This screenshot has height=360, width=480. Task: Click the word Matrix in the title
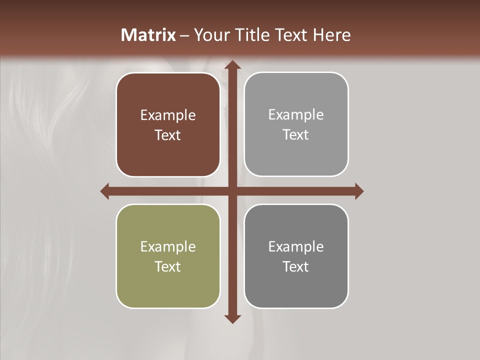click(148, 35)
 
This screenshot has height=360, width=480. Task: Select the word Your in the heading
click(211, 35)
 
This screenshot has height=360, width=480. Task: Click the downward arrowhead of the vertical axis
click(232, 318)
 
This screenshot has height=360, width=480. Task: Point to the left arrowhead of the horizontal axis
click(105, 191)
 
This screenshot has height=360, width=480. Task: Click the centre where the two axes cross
click(232, 191)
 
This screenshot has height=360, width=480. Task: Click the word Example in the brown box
click(168, 115)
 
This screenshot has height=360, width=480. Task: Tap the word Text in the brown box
click(168, 135)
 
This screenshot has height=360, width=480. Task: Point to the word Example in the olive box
click(168, 247)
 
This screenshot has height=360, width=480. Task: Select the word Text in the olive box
click(168, 266)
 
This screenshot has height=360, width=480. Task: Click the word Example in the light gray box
click(296, 115)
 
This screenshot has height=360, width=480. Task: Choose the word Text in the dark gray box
click(296, 266)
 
